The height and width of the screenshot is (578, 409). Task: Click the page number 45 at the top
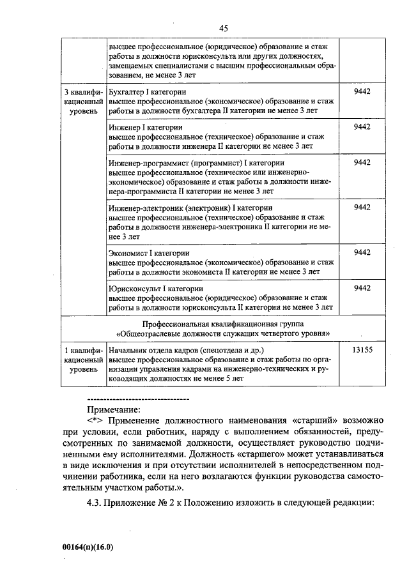(x=223, y=28)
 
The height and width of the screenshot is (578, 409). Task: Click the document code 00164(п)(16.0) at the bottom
(x=89, y=547)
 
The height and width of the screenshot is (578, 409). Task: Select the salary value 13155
(x=362, y=351)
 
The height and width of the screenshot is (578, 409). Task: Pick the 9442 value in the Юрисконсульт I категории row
(x=362, y=288)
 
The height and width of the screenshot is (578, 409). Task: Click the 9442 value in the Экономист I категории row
(x=362, y=252)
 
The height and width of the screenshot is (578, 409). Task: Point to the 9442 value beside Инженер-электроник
(x=362, y=208)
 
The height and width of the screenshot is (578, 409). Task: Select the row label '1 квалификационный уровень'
(x=84, y=360)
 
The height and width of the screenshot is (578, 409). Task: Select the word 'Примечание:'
(x=113, y=409)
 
